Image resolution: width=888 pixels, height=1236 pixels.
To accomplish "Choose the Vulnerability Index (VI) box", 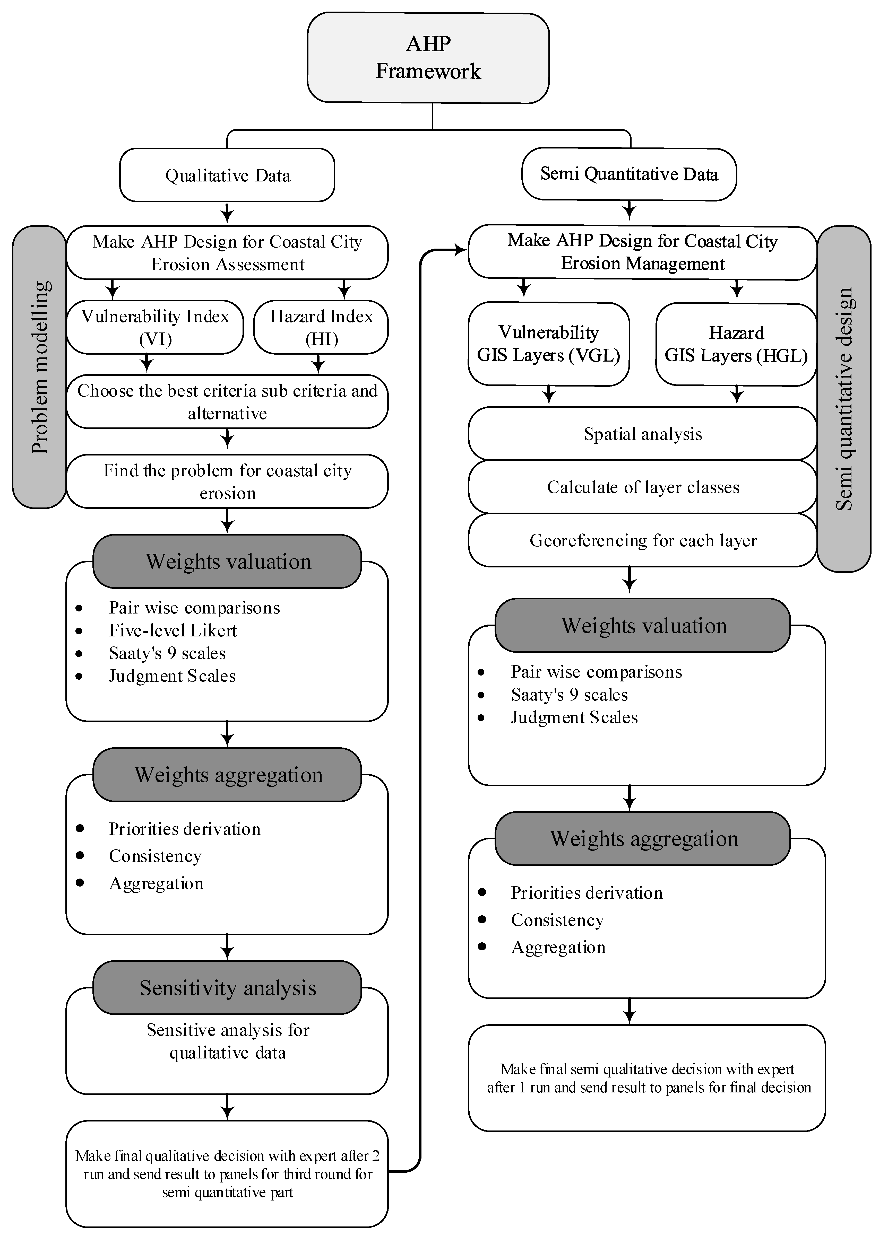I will [155, 327].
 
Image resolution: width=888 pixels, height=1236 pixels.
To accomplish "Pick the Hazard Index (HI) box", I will [321, 327].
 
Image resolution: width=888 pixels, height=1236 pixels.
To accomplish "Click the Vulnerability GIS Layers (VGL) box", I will [548, 344].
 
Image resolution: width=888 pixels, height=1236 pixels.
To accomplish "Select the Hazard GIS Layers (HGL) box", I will [736, 344].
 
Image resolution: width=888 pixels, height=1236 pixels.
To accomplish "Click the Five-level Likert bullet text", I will [173, 630].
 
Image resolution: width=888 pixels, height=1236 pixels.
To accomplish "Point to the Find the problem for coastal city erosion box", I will [227, 481].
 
